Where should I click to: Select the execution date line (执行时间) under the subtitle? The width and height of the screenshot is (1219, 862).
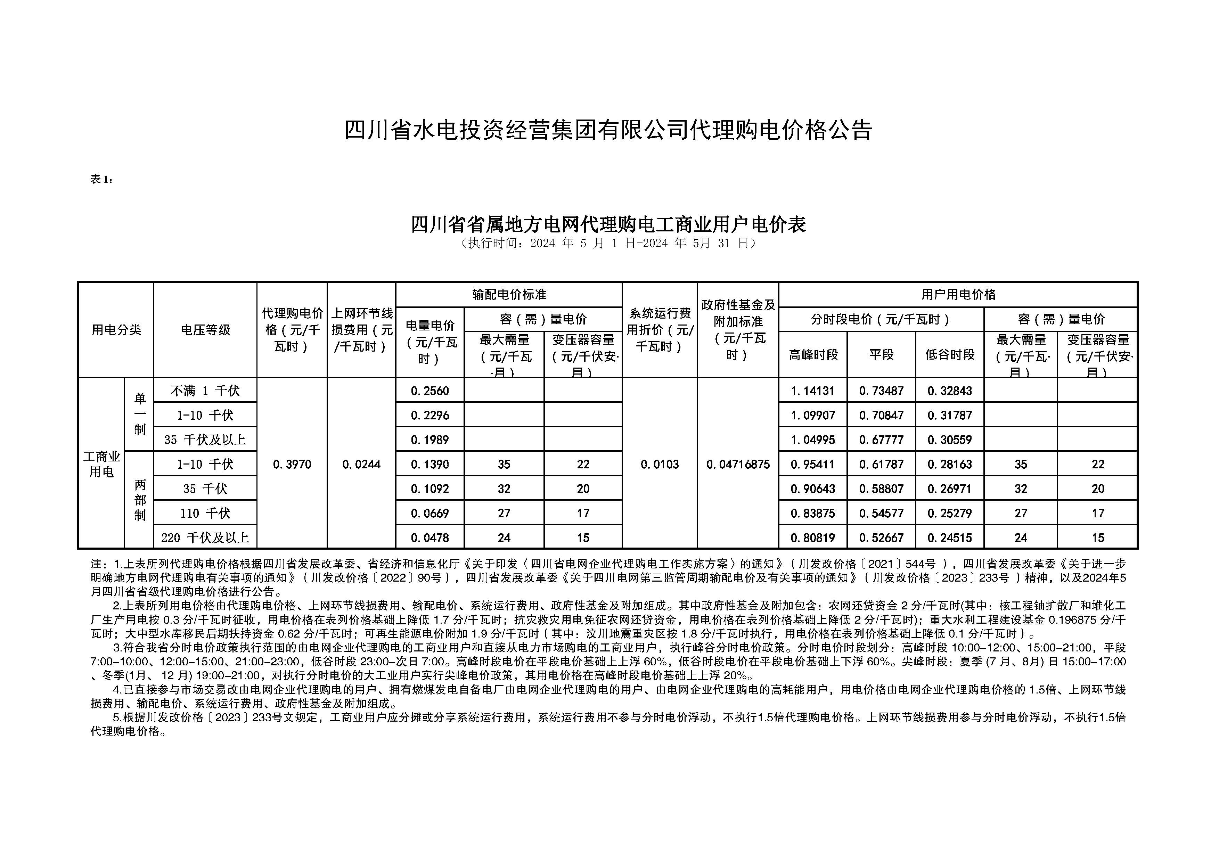(608, 244)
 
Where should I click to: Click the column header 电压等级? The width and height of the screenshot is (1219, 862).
(205, 330)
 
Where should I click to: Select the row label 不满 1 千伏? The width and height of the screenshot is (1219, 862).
(205, 391)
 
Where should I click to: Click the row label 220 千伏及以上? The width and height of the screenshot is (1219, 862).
(205, 538)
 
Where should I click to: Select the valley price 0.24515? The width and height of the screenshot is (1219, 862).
(950, 538)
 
